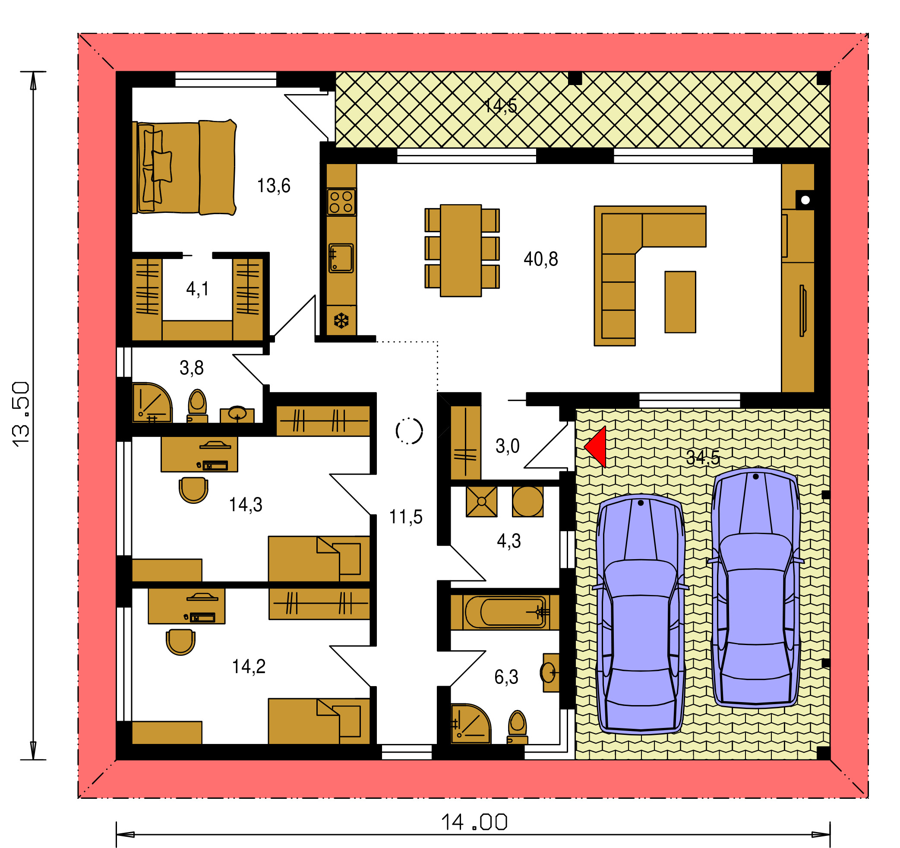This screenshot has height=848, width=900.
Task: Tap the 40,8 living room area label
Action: pos(540,259)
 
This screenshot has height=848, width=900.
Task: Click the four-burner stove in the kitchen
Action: pos(341,202)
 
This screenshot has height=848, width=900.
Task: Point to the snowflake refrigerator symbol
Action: pos(341,320)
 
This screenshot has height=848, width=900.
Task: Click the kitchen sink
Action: pos(341,258)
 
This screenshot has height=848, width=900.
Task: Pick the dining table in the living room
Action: pos(461,250)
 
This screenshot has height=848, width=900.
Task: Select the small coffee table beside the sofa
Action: pos(680,302)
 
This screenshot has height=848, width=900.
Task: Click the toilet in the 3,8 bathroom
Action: pos(197,406)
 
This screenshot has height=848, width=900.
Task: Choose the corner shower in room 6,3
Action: pos(471,724)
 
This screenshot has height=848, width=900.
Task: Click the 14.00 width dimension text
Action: pos(474,822)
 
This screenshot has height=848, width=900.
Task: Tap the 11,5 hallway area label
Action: pos(406,517)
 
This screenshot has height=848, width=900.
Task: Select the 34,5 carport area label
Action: pos(703,458)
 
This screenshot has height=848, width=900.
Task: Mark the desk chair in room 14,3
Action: pos(193,490)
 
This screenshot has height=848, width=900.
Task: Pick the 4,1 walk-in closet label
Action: pos(197,289)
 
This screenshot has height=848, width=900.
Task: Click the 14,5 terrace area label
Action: pos(500,105)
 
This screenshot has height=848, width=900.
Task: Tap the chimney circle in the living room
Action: pos(805,199)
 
